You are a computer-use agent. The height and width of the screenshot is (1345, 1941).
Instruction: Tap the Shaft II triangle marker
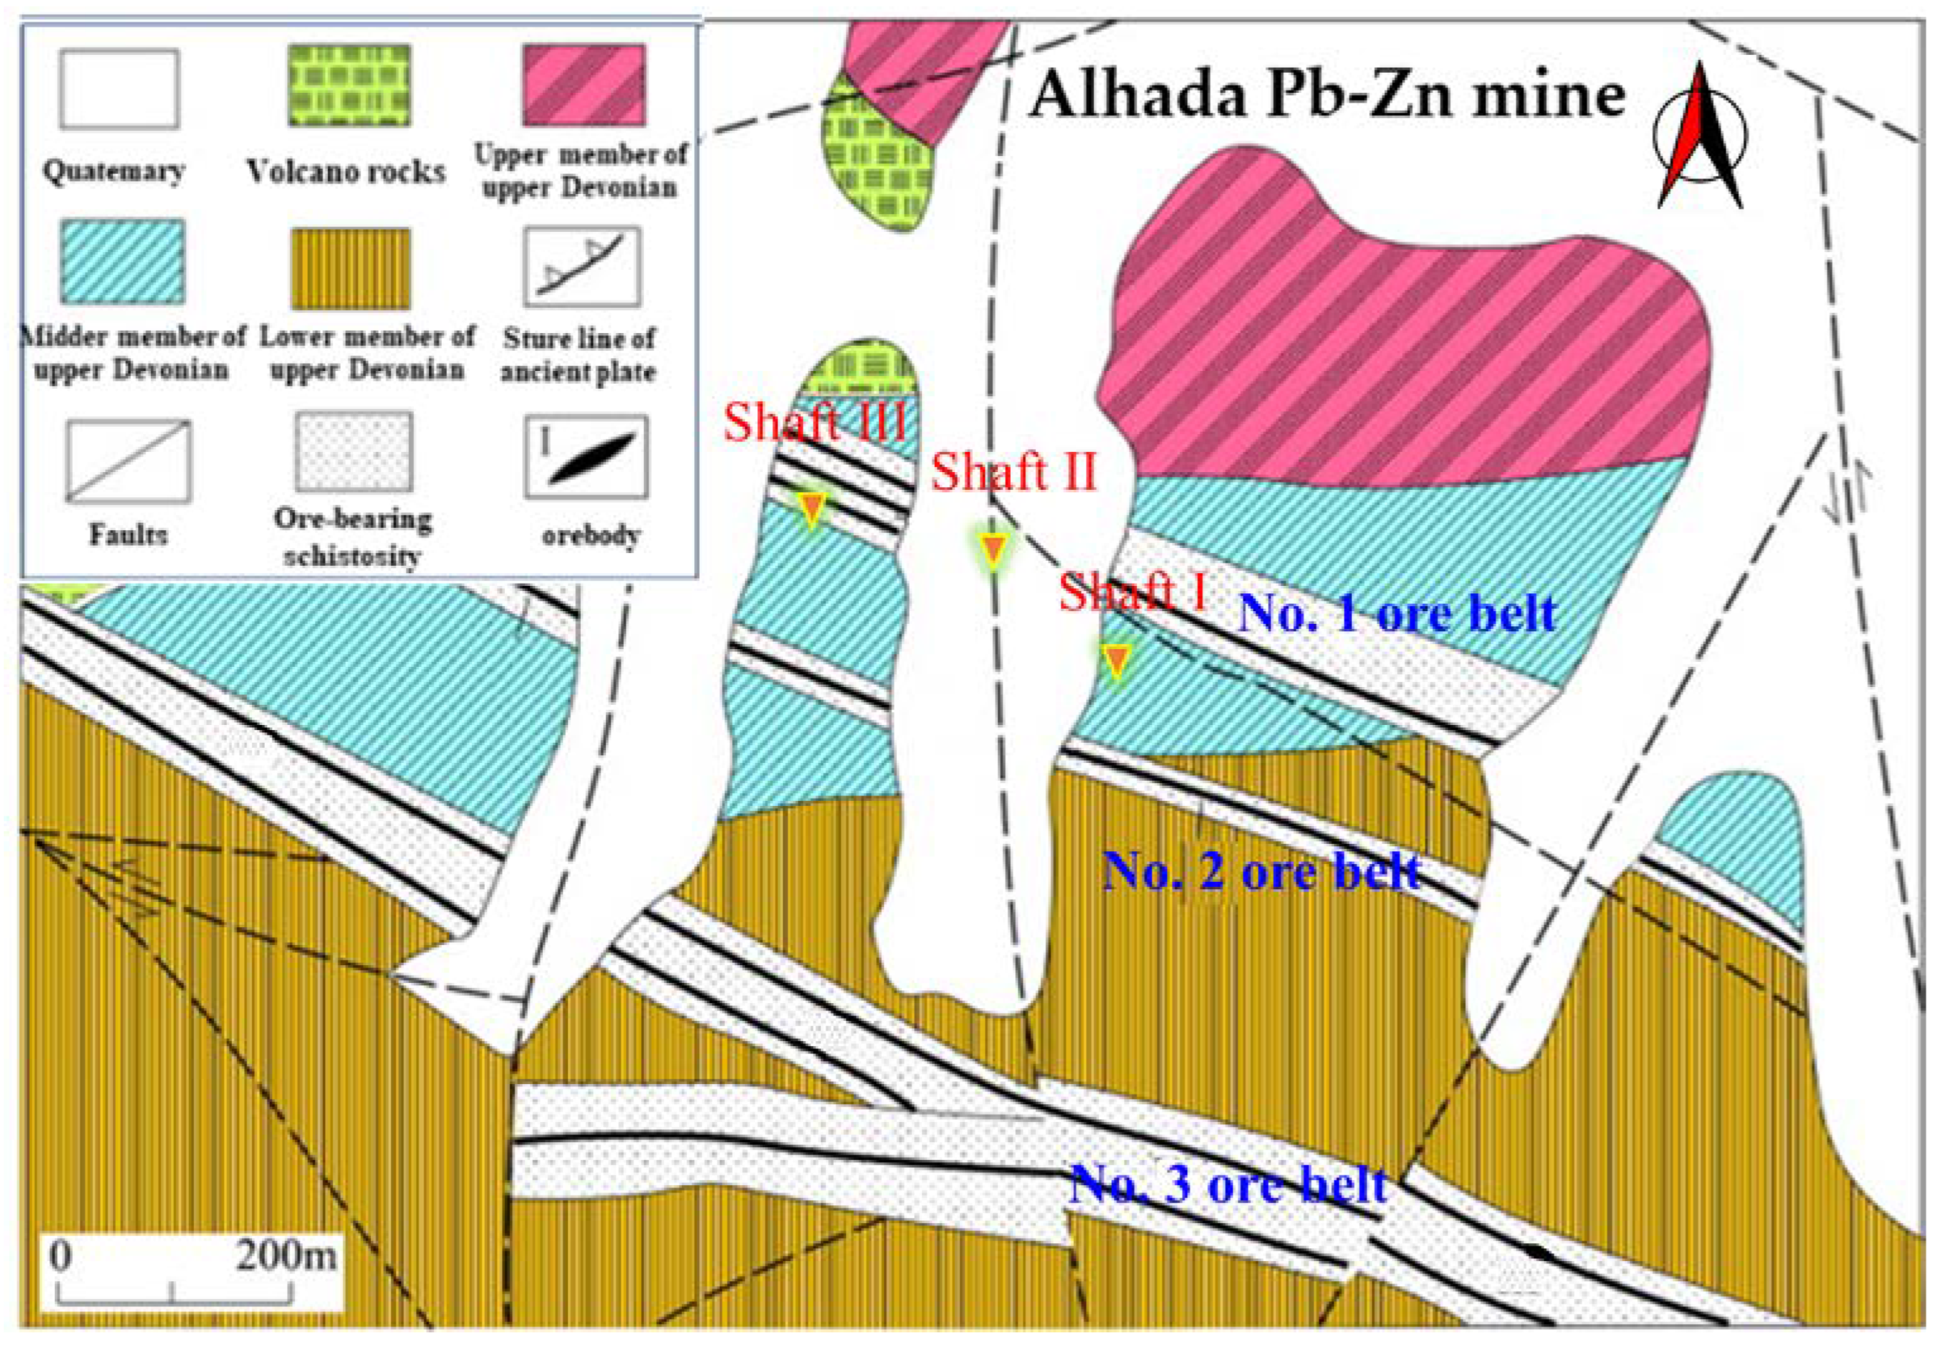click(994, 548)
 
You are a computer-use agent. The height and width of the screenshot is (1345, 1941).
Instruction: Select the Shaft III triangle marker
click(811, 507)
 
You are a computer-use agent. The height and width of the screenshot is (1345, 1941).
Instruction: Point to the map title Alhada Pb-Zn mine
click(1327, 94)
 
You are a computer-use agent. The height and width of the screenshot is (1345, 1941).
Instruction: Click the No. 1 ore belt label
click(1397, 613)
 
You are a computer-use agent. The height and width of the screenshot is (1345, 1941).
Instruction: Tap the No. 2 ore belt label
click(1262, 871)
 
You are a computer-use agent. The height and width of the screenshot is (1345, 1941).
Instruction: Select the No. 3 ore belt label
click(1227, 1184)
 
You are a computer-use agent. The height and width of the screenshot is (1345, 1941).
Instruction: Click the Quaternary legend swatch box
click(119, 88)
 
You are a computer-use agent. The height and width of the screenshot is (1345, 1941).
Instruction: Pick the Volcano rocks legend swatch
click(350, 86)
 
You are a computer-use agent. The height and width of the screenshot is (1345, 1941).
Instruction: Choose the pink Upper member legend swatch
click(584, 85)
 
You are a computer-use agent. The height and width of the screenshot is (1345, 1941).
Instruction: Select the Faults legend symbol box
click(129, 461)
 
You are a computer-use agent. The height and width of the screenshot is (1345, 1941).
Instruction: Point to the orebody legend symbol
click(587, 456)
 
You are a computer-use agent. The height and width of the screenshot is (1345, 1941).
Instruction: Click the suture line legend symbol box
click(582, 266)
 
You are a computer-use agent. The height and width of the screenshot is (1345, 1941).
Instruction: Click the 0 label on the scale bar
click(59, 1257)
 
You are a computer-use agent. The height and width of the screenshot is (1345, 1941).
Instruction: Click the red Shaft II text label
click(1014, 471)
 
